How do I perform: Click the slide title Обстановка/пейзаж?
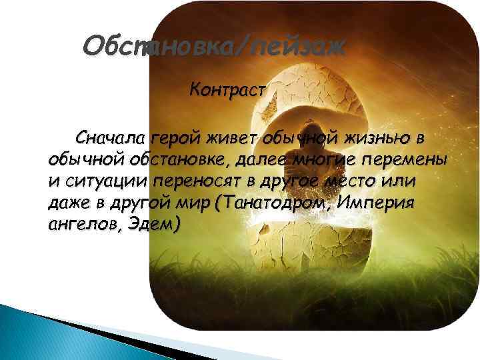(214, 47)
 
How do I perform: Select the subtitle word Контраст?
(229, 89)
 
